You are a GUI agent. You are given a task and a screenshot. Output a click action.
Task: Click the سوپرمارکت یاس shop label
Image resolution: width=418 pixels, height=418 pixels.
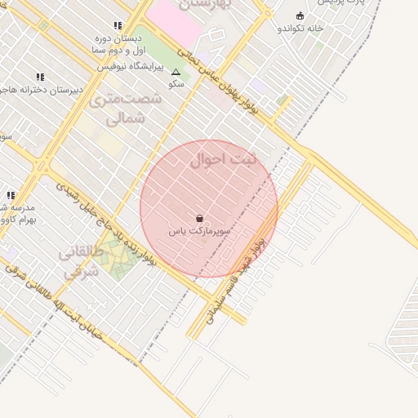(200, 232)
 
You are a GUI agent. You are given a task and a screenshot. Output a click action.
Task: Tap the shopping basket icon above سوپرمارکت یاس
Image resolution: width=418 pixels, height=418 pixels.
(200, 219)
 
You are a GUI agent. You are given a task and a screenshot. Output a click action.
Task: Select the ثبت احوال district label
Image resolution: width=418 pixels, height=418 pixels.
(223, 159)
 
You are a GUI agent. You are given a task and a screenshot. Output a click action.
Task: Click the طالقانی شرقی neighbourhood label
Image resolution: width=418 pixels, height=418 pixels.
(80, 261)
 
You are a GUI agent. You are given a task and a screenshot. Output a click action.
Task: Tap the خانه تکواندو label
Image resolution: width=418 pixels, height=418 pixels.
(300, 28)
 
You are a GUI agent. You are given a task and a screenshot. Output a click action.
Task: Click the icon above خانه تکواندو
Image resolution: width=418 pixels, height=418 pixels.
(300, 16)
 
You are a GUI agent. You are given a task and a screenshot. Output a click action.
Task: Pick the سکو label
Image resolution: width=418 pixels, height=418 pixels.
(176, 83)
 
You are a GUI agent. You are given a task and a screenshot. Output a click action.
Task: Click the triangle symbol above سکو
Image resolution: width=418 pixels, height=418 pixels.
(176, 73)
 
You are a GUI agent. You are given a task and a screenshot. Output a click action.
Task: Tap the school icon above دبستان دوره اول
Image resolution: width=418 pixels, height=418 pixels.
(118, 25)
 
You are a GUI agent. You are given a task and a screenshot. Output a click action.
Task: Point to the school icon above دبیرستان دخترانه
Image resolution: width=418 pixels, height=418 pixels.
(40, 77)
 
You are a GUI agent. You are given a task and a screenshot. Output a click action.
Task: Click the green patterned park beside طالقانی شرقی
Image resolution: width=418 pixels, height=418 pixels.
(120, 262)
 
